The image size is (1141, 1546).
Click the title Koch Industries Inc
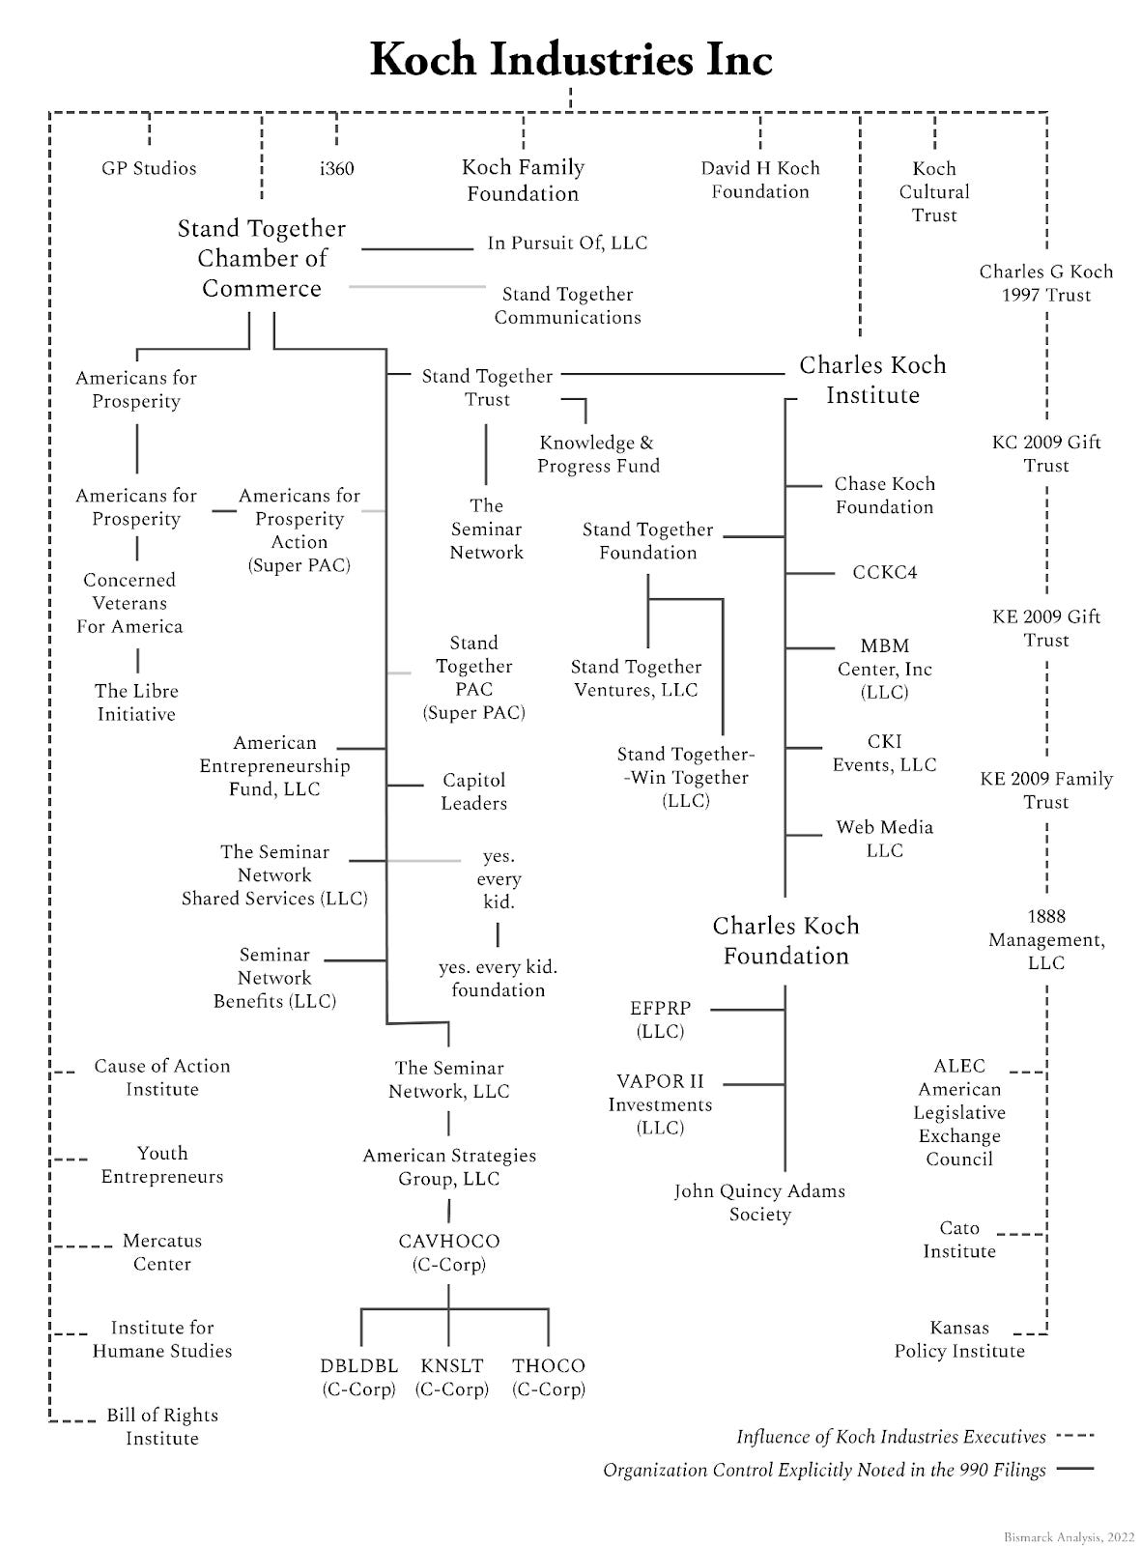pyautogui.click(x=570, y=60)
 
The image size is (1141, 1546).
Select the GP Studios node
pyautogui.click(x=149, y=169)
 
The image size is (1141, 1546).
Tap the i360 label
pyautogui.click(x=336, y=169)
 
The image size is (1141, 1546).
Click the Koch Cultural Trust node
pyautogui.click(x=933, y=191)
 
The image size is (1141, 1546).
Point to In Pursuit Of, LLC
pyautogui.click(x=567, y=243)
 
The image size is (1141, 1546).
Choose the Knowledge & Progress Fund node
pyautogui.click(x=598, y=454)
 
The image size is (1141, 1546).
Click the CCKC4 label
pyautogui.click(x=884, y=573)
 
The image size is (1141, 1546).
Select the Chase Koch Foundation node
pyautogui.click(x=884, y=496)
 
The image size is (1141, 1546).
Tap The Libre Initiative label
pyautogui.click(x=136, y=702)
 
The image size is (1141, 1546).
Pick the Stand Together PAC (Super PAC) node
pyautogui.click(x=473, y=677)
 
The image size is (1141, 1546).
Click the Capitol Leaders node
pyautogui.click(x=473, y=791)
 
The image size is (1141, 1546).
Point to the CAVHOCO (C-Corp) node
pyautogui.click(x=449, y=1252)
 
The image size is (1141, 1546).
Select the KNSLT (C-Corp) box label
pyautogui.click(x=452, y=1378)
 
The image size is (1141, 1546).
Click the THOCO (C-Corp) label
pyautogui.click(x=549, y=1378)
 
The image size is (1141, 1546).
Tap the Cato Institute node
pyautogui.click(x=958, y=1240)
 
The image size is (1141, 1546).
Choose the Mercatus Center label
pyautogui.click(x=161, y=1252)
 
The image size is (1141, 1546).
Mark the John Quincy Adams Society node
pyautogui.click(x=759, y=1203)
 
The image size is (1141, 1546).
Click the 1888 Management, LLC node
pyautogui.click(x=1045, y=939)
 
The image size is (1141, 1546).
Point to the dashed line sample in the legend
pyautogui.click(x=1075, y=1437)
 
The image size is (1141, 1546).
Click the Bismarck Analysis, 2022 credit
pyautogui.click(x=1069, y=1535)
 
